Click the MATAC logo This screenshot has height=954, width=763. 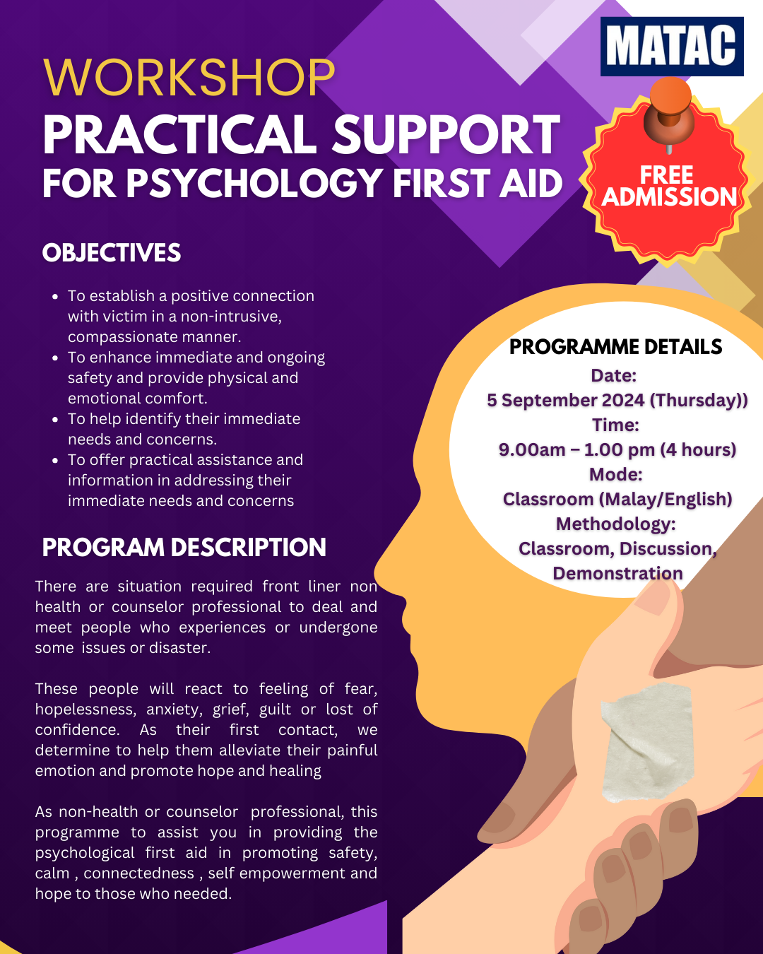coord(672,47)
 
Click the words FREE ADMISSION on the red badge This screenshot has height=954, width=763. coord(668,186)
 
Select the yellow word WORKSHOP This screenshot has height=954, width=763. coord(189,77)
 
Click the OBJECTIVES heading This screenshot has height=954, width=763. coord(112,253)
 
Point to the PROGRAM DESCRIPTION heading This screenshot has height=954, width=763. coord(184,547)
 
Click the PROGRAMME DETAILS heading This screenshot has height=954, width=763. coord(616,347)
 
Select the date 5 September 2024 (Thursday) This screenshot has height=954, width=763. coord(617,400)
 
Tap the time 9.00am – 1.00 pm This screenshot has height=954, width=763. coord(576,449)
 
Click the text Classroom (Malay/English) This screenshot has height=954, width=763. coord(617,499)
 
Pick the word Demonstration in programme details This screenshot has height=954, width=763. coord(617,573)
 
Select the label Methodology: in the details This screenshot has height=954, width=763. coord(616,524)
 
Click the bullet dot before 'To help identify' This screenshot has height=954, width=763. coord(55,419)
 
